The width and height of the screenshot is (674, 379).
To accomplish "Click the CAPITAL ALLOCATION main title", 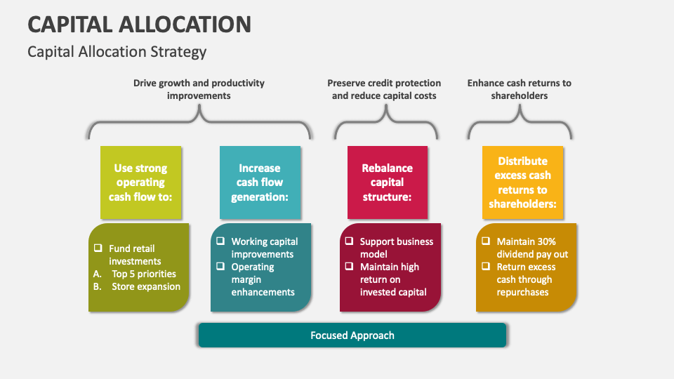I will [x=139, y=25].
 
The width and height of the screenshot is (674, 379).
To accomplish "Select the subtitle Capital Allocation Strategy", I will [x=117, y=52].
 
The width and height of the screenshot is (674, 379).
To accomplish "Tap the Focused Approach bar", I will [x=352, y=335].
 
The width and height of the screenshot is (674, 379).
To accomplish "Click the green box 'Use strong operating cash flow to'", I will [x=140, y=182].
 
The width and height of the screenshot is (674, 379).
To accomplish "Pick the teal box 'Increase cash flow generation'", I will [x=260, y=182].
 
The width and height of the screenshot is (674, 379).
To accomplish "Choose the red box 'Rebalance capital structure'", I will [x=387, y=182].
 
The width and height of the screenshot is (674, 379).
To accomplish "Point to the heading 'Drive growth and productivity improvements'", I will [x=199, y=89].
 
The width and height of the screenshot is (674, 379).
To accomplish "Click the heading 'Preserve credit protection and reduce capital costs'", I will [x=384, y=89].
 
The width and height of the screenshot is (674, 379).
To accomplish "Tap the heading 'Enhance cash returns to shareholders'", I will [x=519, y=89].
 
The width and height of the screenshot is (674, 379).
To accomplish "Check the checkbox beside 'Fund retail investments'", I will [x=98, y=248].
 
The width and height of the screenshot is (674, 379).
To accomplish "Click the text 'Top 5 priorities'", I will [x=144, y=274].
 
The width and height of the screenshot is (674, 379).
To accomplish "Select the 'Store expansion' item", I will [x=146, y=286].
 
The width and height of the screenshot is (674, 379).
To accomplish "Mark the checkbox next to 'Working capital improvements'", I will [x=220, y=241].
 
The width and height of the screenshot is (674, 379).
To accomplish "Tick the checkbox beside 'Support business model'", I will [x=349, y=241].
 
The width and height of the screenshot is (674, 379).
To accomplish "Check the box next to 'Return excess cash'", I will [x=486, y=267].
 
